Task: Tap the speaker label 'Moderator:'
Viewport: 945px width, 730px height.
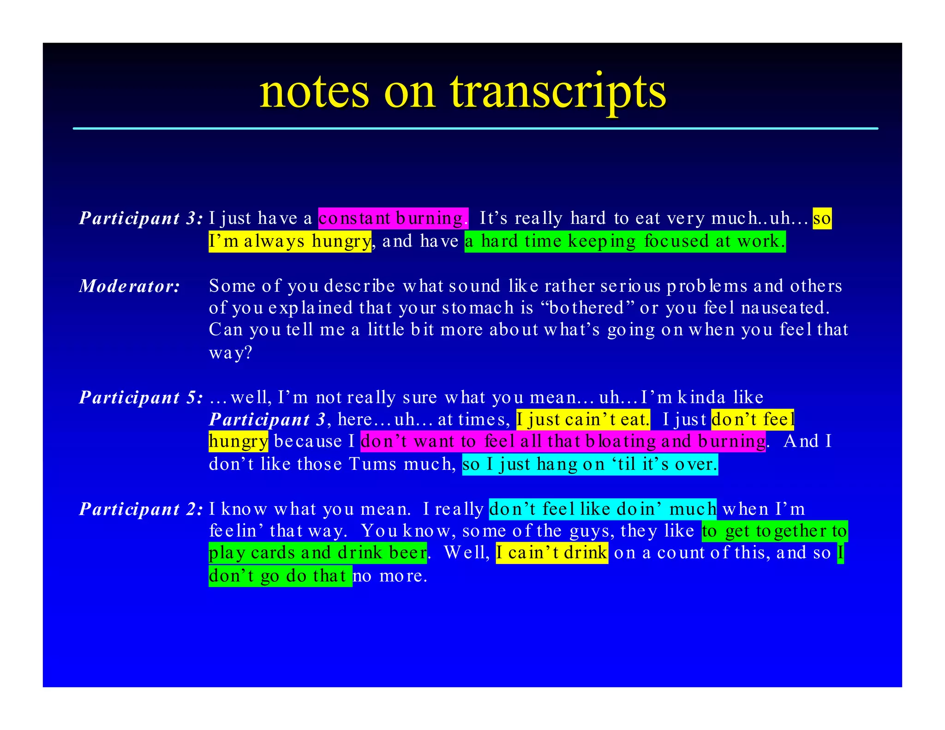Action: pos(130,286)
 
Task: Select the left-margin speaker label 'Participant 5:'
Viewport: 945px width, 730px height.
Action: pos(141,397)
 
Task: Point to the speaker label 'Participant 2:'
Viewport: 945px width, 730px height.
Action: pos(141,509)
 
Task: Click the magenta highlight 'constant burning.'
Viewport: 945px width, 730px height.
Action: pos(393,218)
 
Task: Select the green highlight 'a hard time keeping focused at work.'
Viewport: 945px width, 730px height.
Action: pos(625,241)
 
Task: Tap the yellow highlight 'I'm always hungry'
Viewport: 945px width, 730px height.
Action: pos(289,241)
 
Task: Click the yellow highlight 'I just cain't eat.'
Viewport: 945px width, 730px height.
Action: pos(583,419)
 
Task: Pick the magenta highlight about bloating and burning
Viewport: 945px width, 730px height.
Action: pos(563,442)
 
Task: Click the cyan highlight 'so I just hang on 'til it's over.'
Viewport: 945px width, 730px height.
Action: pos(590,464)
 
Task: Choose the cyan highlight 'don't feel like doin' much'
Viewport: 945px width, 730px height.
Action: pos(602,509)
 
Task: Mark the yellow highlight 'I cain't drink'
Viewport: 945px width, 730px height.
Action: pos(552,553)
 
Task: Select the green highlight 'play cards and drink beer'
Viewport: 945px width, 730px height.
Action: pos(317,553)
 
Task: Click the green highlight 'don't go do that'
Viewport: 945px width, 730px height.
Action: pos(280,576)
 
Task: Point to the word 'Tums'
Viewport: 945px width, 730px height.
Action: pos(372,464)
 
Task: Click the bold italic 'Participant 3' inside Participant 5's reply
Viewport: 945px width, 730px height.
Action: pos(267,419)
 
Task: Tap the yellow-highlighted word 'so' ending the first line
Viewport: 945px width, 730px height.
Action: pos(822,218)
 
